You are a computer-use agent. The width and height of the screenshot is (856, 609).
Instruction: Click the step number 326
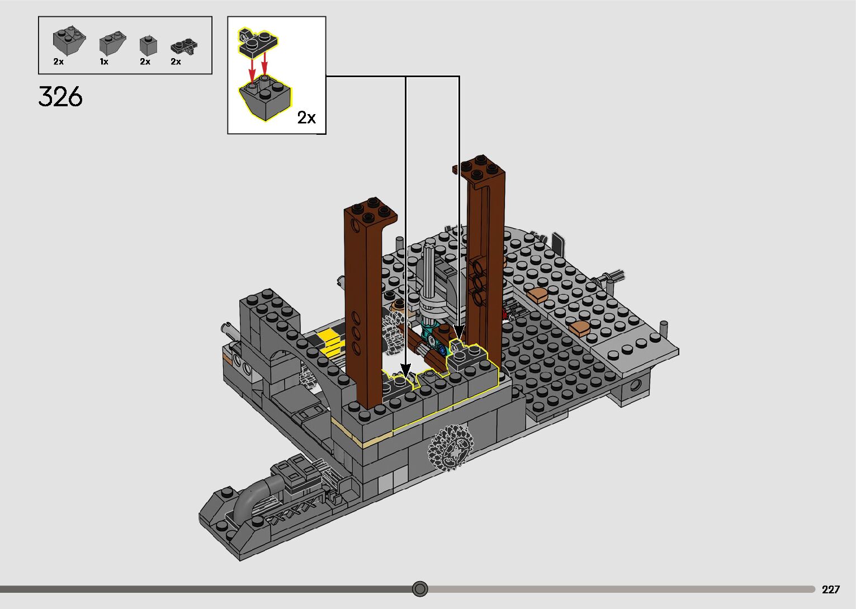tap(60, 96)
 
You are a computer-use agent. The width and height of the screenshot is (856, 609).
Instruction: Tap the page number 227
tap(831, 589)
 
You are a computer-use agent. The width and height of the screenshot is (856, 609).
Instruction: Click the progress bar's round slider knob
tap(420, 589)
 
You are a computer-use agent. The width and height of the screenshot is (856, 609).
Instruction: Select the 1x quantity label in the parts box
tap(104, 62)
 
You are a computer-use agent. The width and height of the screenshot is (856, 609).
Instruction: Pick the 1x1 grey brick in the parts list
tap(148, 46)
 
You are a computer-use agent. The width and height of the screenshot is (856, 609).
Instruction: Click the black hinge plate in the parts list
tap(184, 46)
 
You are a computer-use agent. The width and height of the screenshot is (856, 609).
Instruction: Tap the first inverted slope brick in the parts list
tap(69, 41)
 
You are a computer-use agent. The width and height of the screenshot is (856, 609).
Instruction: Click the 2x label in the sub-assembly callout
tap(306, 117)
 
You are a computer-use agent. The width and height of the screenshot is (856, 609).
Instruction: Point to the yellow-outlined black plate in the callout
tap(258, 43)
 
